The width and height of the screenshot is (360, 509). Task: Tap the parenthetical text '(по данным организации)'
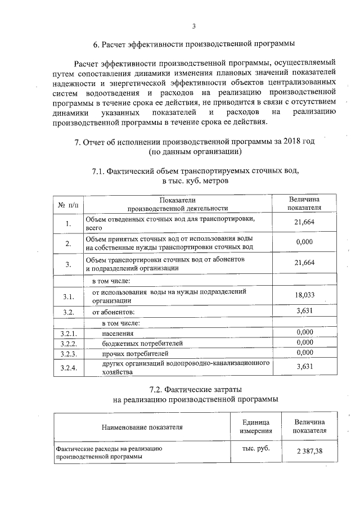click(x=195, y=152)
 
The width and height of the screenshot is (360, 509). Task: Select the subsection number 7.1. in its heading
click(x=101, y=172)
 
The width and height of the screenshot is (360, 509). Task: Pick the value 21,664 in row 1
click(x=304, y=222)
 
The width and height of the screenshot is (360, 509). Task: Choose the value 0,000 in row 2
click(x=304, y=242)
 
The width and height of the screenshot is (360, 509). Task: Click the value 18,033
click(x=304, y=295)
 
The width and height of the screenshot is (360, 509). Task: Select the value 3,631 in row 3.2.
click(x=304, y=310)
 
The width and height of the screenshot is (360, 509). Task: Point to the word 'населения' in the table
click(x=118, y=333)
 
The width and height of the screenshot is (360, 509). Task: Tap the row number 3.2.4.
click(x=68, y=368)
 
